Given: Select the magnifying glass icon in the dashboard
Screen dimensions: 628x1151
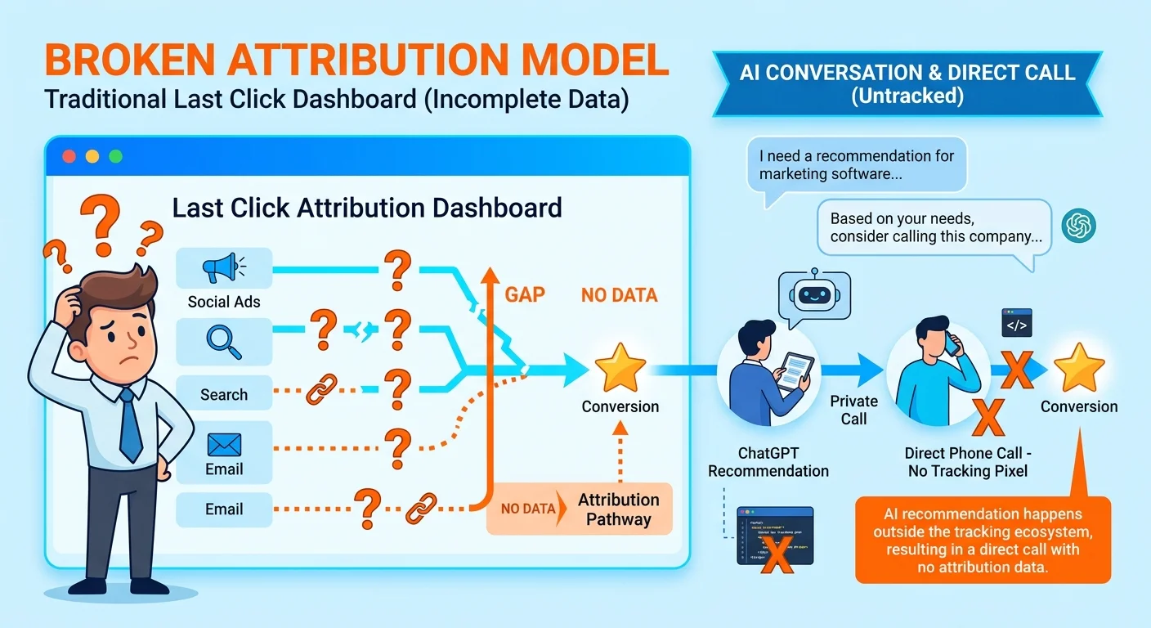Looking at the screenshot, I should click(x=223, y=341).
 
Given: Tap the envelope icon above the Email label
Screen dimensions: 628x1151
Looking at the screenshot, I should click(x=224, y=445).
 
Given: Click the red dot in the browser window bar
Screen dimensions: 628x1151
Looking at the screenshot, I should click(x=69, y=155).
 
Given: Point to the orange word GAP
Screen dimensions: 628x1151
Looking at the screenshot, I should click(x=525, y=294).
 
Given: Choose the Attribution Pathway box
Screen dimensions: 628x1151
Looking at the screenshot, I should click(x=618, y=509).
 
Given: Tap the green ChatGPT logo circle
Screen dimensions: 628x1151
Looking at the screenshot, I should click(x=1078, y=226).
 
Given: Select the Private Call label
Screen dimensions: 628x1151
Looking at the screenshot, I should click(x=853, y=410).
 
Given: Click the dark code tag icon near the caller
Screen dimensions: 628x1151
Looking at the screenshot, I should click(x=1017, y=323).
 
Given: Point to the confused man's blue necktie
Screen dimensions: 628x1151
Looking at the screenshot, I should click(x=129, y=425).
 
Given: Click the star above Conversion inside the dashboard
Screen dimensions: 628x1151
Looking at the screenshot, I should click(x=620, y=369).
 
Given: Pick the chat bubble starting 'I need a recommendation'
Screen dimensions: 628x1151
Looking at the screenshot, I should click(x=856, y=164).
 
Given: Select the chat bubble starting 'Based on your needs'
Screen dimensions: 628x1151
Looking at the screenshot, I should click(x=934, y=228).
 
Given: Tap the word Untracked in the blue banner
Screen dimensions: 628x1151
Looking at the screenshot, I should click(x=907, y=96).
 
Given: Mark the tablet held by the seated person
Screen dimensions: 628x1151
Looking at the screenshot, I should click(x=795, y=370).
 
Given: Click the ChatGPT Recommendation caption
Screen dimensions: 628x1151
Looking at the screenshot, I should click(x=768, y=462).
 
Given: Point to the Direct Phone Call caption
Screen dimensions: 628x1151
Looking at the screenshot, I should click(x=968, y=462).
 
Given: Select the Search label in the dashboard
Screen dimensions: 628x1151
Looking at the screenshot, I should click(x=223, y=394).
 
